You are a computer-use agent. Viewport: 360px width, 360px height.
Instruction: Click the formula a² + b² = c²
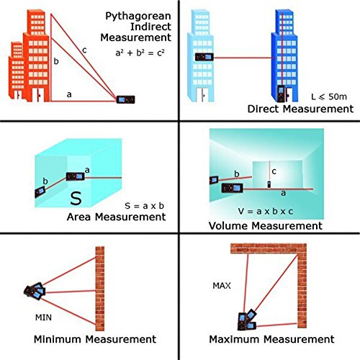[140, 53]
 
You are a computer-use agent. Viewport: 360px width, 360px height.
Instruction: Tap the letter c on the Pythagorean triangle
[84, 50]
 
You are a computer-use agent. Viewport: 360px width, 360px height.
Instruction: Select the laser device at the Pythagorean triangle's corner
[126, 99]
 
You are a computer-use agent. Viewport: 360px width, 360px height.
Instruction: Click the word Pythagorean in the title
[138, 17]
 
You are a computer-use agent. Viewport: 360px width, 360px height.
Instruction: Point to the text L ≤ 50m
[329, 96]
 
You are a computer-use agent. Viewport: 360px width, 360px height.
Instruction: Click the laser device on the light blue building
[204, 57]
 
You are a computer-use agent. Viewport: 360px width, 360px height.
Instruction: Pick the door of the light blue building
[202, 95]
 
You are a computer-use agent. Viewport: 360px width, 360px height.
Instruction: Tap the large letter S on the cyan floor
[76, 198]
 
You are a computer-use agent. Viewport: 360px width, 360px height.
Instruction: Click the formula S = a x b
[144, 206]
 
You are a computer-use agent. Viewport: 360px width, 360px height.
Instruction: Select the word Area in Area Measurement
[78, 217]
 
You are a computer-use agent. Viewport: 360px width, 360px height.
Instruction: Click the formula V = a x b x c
[266, 211]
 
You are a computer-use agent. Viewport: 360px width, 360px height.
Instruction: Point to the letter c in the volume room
[274, 171]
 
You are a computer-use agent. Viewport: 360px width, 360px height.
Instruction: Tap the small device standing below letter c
[269, 184]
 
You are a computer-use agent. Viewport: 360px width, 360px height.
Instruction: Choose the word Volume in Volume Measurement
[228, 226]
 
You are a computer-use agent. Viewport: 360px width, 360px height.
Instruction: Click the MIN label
[43, 318]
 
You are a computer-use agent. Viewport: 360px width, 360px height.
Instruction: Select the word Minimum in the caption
[58, 339]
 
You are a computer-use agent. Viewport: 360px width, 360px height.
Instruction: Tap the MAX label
[222, 286]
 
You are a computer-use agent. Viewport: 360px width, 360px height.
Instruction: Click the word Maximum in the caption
[235, 339]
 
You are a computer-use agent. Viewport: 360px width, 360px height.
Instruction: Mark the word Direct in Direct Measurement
[264, 109]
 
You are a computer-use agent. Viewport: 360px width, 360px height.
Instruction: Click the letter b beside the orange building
[56, 61]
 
